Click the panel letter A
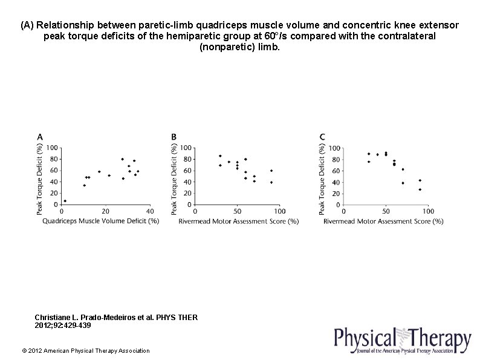coord(40,137)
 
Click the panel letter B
coord(174,137)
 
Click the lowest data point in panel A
coord(65,201)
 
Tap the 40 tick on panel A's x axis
coord(150,211)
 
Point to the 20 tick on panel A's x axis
coord(105,211)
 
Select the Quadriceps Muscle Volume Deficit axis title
coord(100,221)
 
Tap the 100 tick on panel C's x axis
coord(427,211)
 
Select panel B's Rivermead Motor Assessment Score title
coord(238,221)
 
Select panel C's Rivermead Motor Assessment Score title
coord(383,221)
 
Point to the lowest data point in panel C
coord(420,190)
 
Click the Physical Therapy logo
coord(403,340)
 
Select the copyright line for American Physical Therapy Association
coord(85,351)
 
